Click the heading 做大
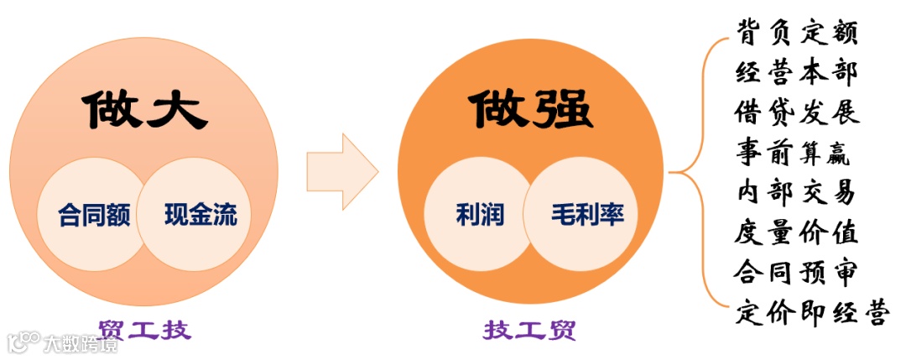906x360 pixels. (x=144, y=109)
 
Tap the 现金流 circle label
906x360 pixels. (x=200, y=214)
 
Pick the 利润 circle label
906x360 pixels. (x=480, y=214)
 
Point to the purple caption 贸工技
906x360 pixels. (x=143, y=329)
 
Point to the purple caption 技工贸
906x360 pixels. (x=528, y=329)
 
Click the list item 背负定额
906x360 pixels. (x=797, y=34)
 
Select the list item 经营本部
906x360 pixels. (x=797, y=73)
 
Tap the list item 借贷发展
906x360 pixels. (x=797, y=112)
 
